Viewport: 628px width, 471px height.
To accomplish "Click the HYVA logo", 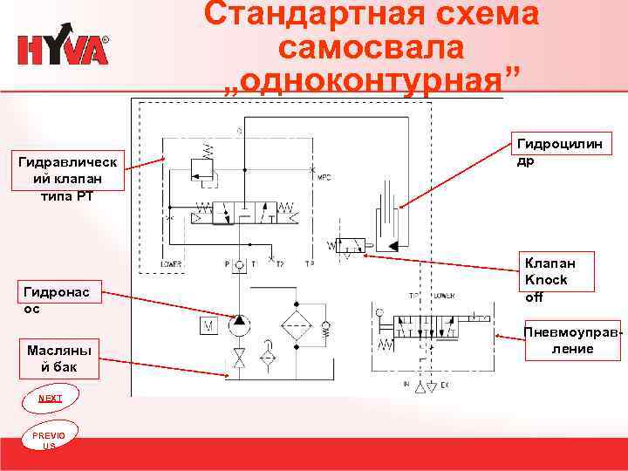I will click(63, 49).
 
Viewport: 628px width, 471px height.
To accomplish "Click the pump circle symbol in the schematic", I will click(238, 326).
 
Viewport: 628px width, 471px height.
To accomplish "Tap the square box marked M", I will click(208, 326).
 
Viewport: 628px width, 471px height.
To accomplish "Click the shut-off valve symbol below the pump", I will click(238, 358).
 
